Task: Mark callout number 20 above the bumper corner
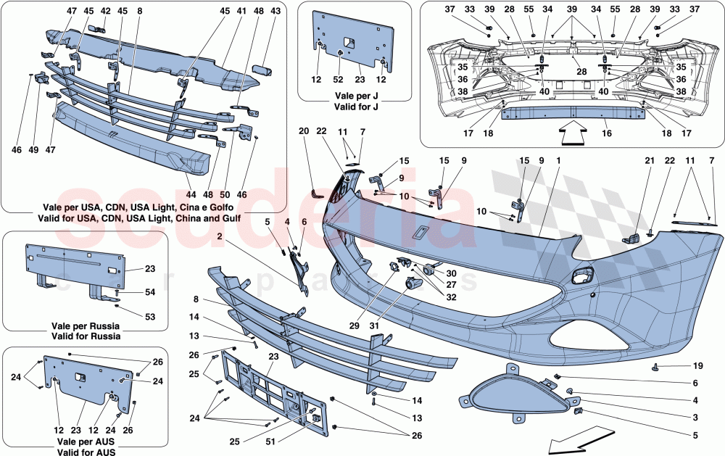pyautogui.click(x=304, y=131)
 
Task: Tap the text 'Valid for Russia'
pyautogui.click(x=86, y=336)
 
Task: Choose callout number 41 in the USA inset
pyautogui.click(x=241, y=12)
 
